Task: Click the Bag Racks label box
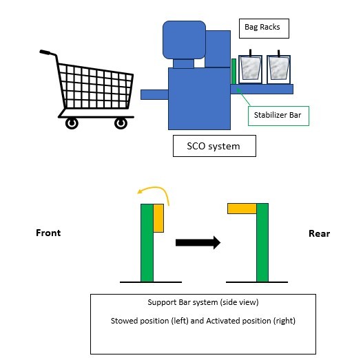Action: point(264,28)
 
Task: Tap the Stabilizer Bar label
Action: point(278,116)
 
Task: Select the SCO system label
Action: point(214,146)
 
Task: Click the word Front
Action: point(48,233)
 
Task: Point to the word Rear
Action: point(319,233)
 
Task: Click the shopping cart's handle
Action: point(45,52)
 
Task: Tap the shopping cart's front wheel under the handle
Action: point(72,123)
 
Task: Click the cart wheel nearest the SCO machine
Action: point(121,123)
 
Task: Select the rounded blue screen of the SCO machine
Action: point(185,40)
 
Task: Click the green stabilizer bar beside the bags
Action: point(234,72)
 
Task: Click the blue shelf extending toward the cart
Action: point(154,94)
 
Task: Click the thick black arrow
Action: point(198,242)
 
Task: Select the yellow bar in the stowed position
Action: point(158,218)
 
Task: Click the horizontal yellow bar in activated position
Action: point(242,209)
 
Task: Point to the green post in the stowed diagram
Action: point(147,243)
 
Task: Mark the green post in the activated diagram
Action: point(262,243)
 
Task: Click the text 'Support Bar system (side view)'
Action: point(203,302)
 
